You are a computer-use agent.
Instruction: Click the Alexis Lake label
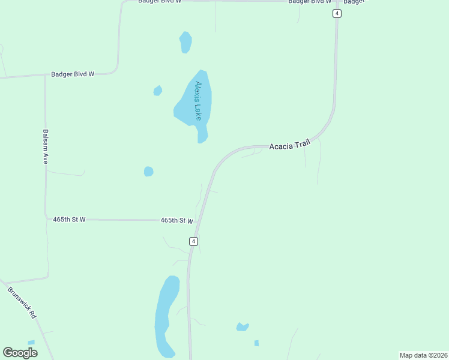pos(198,100)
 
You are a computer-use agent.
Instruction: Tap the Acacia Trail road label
pos(289,145)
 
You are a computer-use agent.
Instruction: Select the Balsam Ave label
pos(45,147)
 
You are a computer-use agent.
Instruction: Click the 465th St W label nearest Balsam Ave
pos(69,220)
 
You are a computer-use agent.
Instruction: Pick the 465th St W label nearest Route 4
pos(176,221)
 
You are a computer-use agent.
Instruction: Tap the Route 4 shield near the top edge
pos(337,13)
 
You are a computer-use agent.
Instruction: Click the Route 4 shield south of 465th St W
pos(193,241)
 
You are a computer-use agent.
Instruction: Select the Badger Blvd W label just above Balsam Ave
pos(73,74)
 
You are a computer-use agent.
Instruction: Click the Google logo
pos(20,352)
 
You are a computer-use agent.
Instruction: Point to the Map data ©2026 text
pos(423,355)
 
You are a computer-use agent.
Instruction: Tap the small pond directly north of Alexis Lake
pos(185,42)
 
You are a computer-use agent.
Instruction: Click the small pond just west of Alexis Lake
pos(158,91)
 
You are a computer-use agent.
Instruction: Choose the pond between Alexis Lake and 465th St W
pos(148,172)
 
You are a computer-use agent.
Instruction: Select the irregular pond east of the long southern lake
pos(242,327)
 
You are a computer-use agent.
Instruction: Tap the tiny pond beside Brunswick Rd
pos(31,343)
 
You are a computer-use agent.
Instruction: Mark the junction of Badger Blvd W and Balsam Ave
pos(45,76)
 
